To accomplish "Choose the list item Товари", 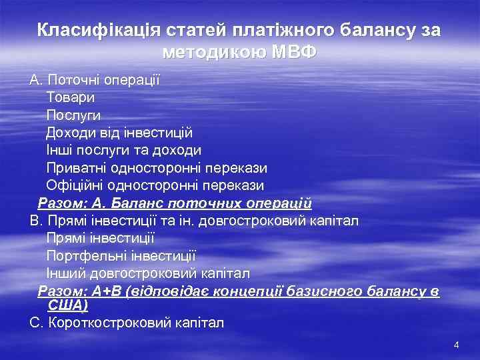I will tap(70, 97).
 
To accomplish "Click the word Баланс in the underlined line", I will tap(143, 203).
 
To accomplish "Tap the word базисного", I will tap(319, 291).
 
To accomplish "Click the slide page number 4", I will tap(456, 345).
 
